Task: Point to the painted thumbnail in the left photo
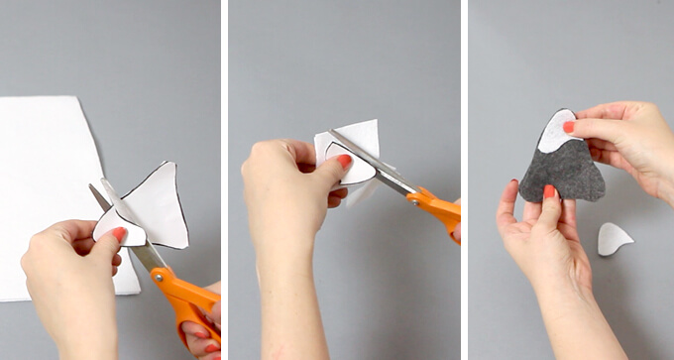(119, 235)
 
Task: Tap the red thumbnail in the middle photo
(344, 161)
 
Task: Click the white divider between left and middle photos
(224, 180)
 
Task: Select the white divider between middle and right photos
(464, 180)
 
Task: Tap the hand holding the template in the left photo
(69, 268)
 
